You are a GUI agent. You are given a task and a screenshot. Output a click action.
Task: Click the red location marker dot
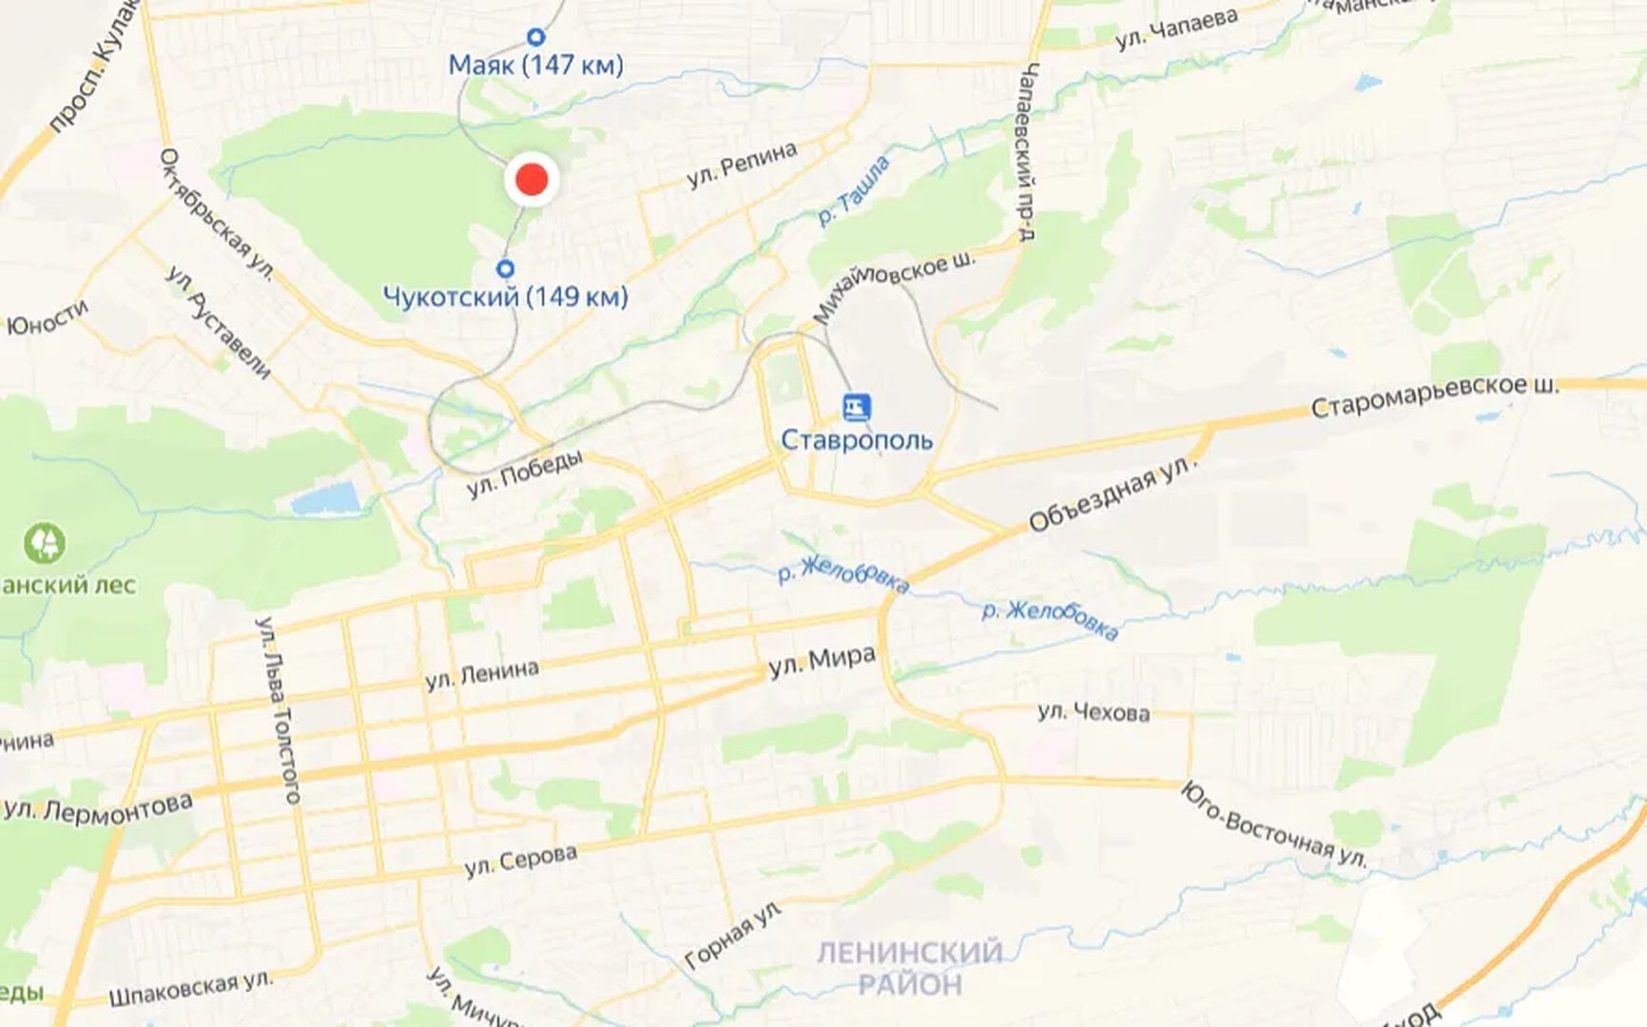[x=532, y=179]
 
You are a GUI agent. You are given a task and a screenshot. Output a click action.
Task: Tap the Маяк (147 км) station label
[x=535, y=65]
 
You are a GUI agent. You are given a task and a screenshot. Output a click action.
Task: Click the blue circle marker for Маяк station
[x=535, y=37]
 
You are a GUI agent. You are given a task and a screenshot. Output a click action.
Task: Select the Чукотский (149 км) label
[x=505, y=297]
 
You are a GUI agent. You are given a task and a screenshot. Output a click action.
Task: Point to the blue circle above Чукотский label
[x=506, y=269]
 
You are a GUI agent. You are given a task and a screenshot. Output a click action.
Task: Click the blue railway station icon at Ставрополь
[x=856, y=408]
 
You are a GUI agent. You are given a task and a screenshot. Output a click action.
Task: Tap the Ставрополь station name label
[x=856, y=440]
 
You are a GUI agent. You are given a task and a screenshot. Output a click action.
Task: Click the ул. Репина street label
[x=742, y=165]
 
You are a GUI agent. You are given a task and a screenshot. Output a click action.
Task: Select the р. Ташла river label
[x=854, y=190]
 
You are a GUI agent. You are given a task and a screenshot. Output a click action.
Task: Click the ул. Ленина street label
[x=482, y=674]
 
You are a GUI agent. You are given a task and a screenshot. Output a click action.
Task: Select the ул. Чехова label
[x=1094, y=711]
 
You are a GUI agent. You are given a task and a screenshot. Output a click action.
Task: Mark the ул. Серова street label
[x=520, y=860]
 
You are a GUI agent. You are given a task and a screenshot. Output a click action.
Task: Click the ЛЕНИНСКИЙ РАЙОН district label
[x=910, y=967]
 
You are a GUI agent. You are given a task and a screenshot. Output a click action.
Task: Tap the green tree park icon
[x=45, y=543]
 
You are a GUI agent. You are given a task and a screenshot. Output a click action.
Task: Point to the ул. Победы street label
[x=524, y=473]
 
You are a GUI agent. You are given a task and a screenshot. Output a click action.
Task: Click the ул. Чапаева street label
[x=1177, y=29]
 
